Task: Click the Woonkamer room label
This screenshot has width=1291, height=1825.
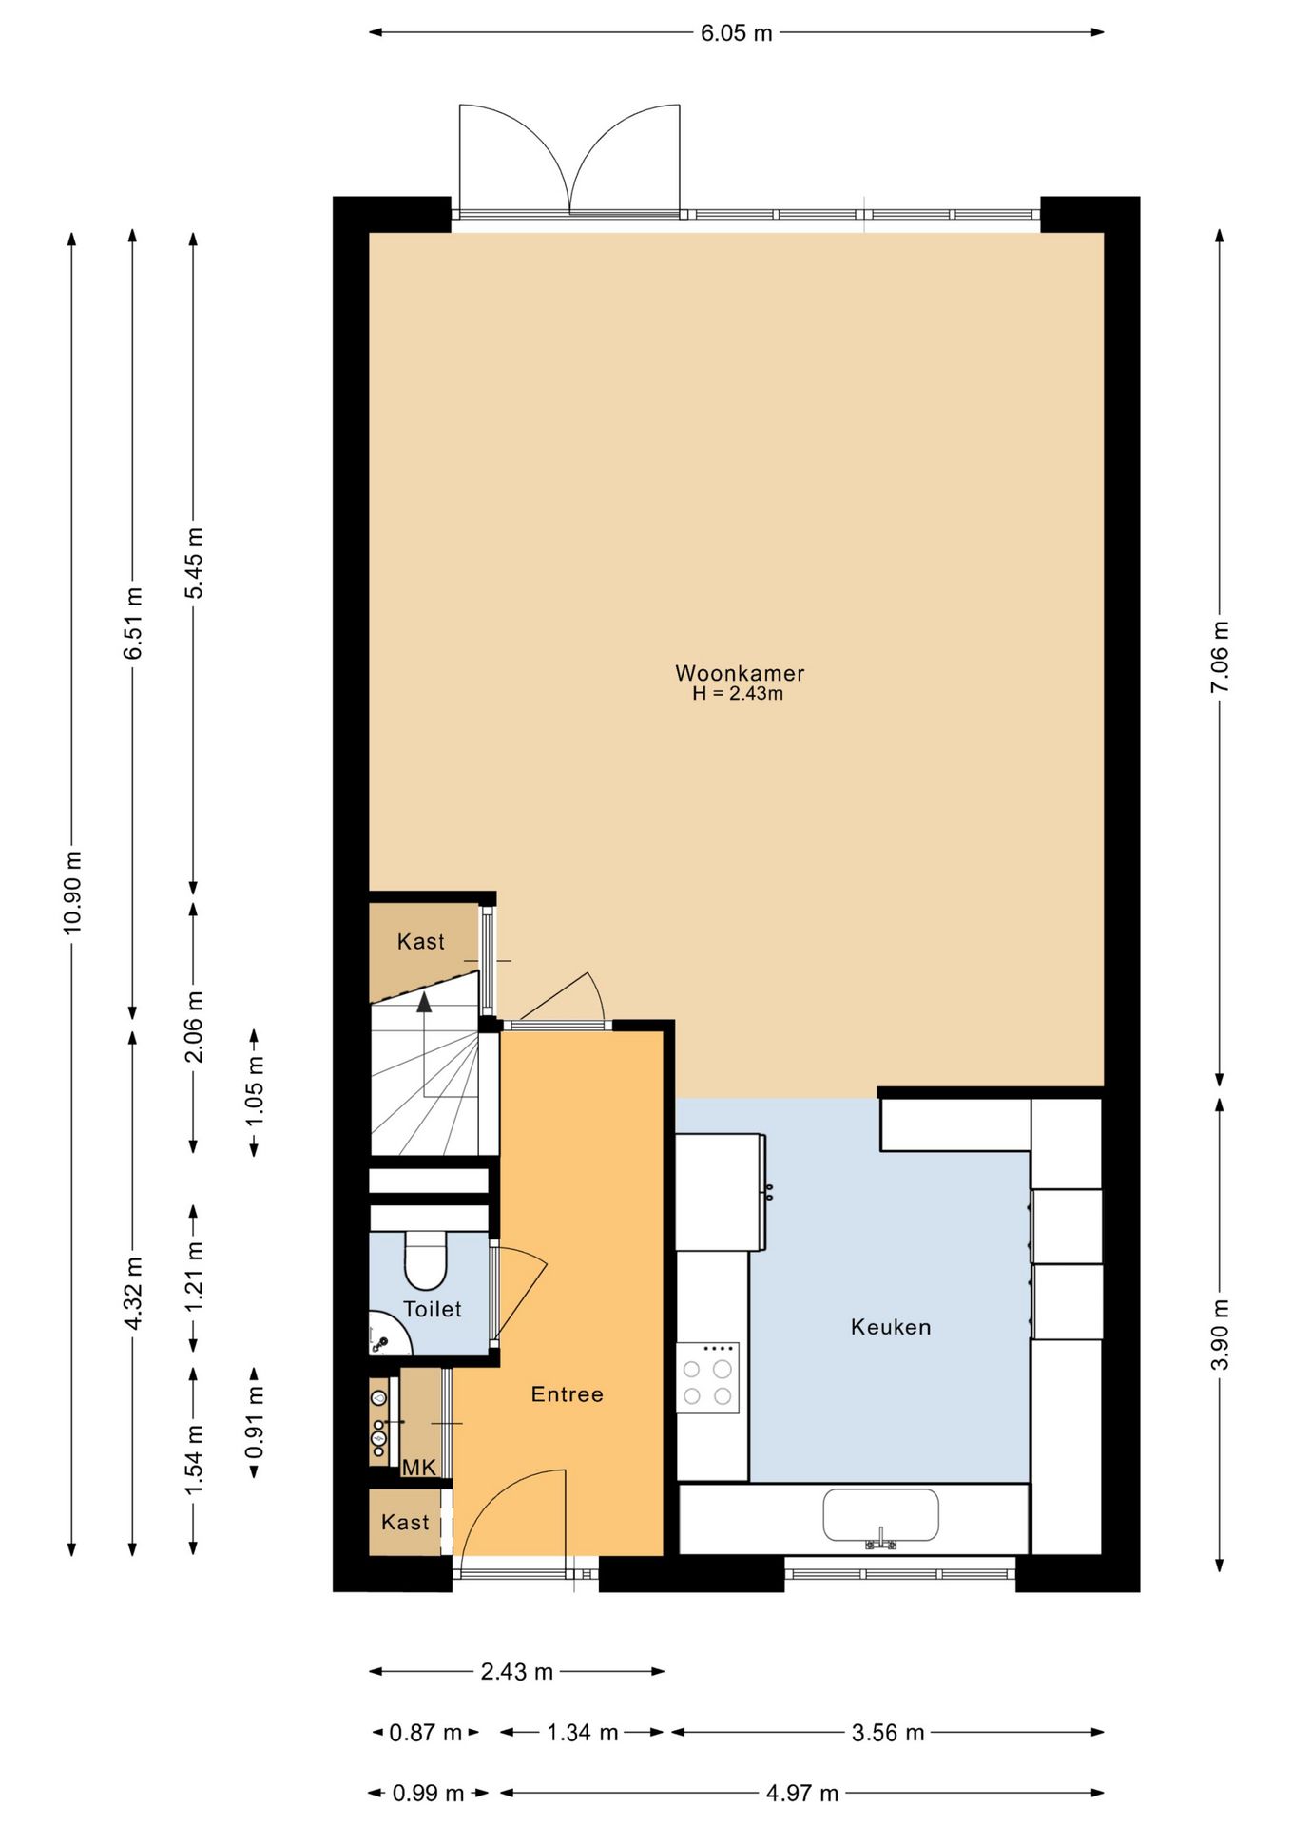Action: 740,673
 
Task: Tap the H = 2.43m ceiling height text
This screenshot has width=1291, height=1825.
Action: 738,694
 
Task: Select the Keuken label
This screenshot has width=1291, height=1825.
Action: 890,1327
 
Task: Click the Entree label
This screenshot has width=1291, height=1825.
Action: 567,1394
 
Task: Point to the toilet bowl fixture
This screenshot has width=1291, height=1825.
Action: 425,1260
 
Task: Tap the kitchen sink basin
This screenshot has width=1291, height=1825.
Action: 880,1513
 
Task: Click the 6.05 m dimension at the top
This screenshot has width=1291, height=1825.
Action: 736,33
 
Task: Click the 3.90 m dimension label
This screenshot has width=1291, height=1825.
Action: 1220,1334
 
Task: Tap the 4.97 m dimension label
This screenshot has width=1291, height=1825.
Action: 802,1793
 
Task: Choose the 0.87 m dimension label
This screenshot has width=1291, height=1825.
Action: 425,1732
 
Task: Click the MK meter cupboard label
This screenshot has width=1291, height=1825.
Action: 418,1468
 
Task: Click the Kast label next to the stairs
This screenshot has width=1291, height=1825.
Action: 420,942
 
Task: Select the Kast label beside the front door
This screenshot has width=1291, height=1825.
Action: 405,1522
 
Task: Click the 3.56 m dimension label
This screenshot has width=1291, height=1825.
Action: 887,1732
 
